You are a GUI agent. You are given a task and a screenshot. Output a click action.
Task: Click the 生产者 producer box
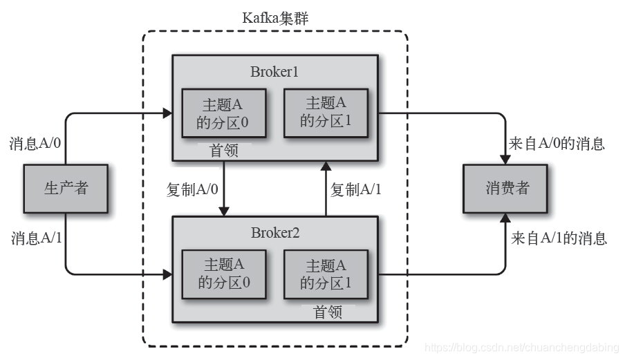click(x=66, y=188)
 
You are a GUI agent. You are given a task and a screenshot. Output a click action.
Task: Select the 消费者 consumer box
click(x=507, y=188)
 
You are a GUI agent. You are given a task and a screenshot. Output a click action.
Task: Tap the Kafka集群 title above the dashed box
click(x=274, y=18)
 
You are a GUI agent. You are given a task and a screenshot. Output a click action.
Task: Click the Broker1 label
click(x=274, y=72)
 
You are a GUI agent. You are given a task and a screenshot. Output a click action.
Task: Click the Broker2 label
click(x=274, y=232)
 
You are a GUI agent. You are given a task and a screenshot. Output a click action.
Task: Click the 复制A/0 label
click(x=193, y=189)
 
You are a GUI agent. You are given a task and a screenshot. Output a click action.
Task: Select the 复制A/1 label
click(x=355, y=189)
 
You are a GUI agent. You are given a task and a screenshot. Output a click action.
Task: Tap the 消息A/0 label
click(x=35, y=144)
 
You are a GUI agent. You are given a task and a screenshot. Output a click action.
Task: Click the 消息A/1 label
click(x=35, y=238)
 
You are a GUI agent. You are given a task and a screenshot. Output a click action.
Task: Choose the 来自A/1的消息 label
click(x=559, y=238)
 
